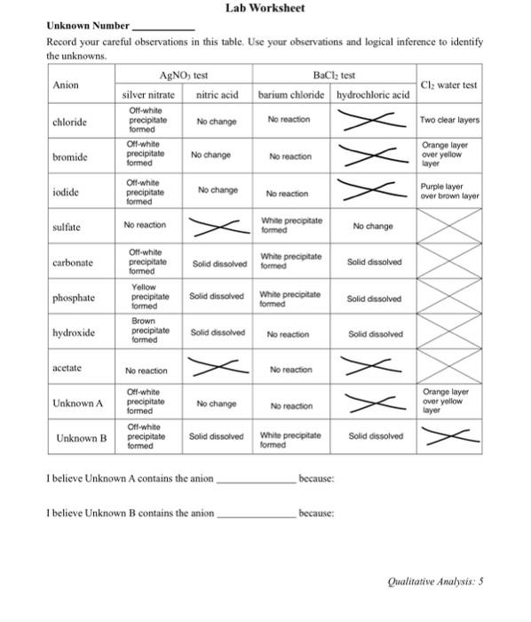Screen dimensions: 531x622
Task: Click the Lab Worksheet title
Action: tap(265, 8)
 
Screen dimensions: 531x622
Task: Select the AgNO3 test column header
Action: tap(182, 76)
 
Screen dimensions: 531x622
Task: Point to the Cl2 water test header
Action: tap(448, 85)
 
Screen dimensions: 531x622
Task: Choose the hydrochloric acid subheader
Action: tap(373, 95)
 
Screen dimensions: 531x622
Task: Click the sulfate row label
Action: tap(67, 227)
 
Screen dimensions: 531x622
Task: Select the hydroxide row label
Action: tap(74, 333)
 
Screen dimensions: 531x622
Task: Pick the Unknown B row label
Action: tap(81, 438)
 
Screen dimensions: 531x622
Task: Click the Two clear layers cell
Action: tap(448, 120)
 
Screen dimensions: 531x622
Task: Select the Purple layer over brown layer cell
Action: tap(448, 191)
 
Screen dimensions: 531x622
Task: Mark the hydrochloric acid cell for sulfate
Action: tap(373, 227)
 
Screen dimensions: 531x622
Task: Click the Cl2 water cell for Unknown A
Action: tap(448, 402)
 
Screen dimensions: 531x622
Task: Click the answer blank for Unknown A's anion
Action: tap(257, 480)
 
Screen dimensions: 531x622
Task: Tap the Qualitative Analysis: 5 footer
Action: tap(436, 583)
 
